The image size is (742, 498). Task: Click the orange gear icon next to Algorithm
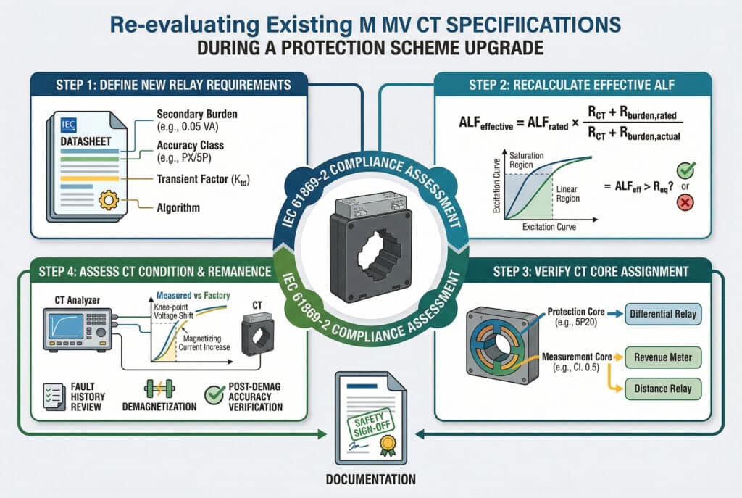click(109, 200)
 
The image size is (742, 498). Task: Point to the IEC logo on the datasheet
click(69, 123)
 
